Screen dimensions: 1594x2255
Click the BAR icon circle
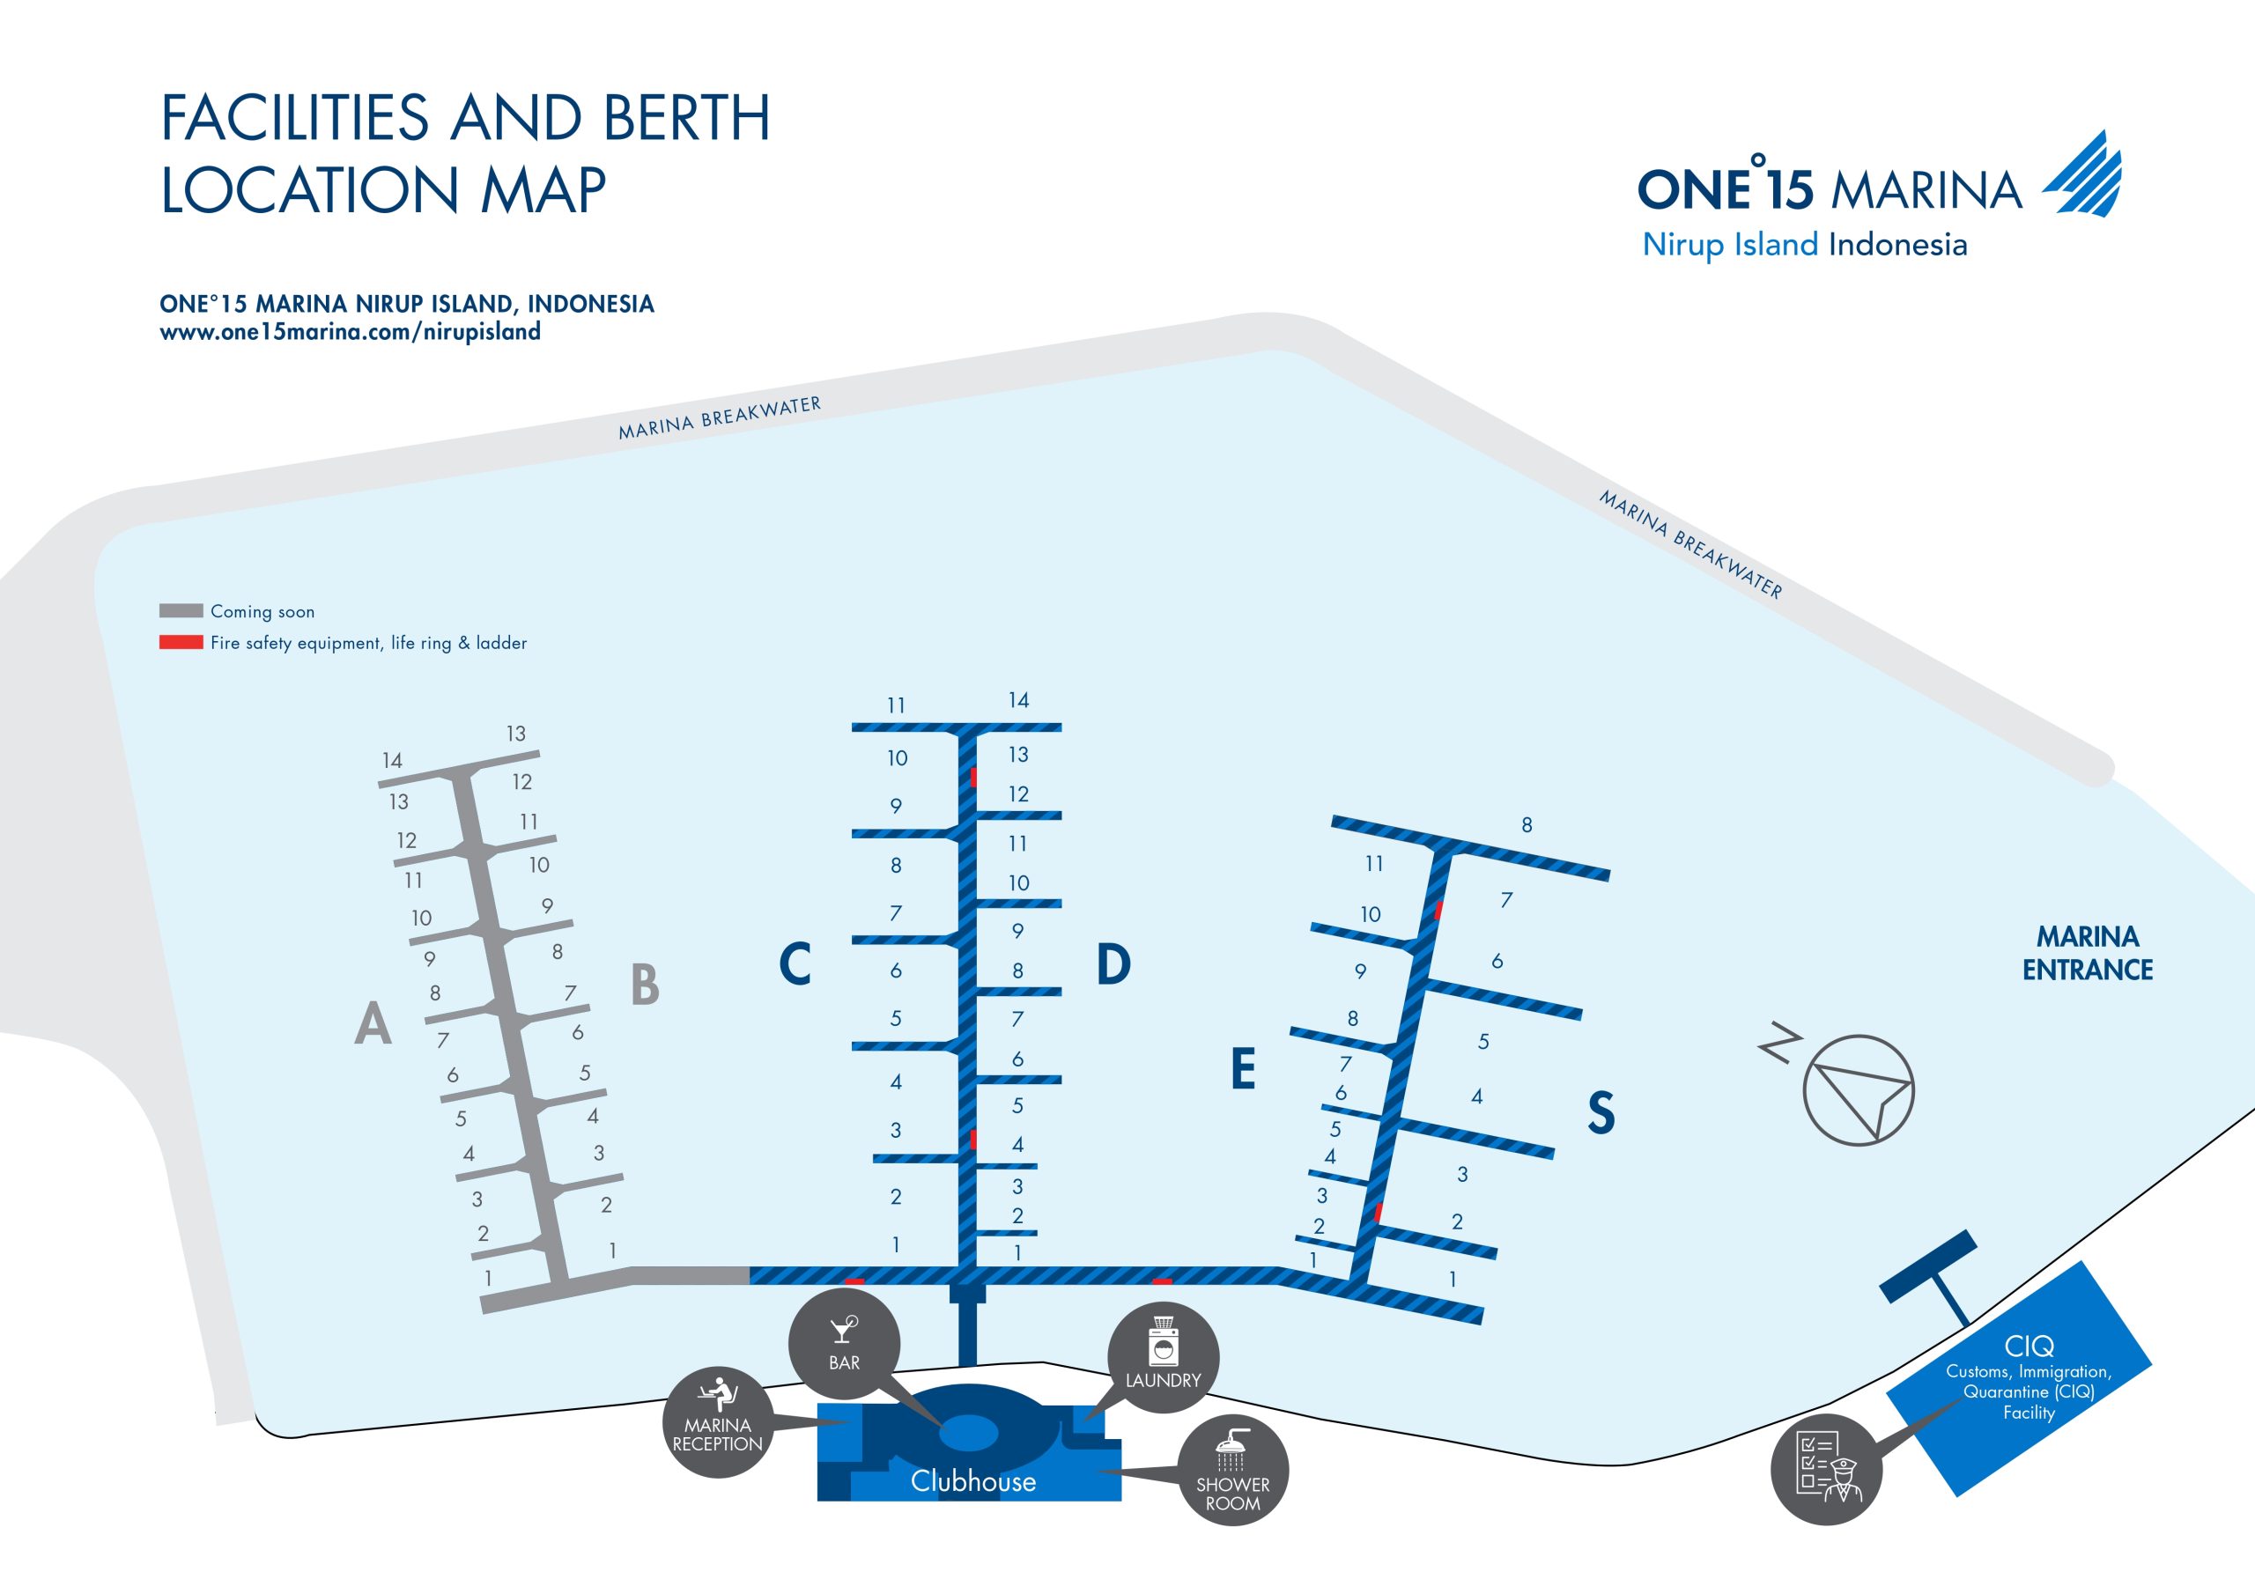(x=844, y=1344)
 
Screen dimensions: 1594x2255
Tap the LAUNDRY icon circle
(x=1163, y=1358)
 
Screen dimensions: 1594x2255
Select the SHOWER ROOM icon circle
(x=1232, y=1470)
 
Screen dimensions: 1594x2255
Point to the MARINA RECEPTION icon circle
(x=718, y=1421)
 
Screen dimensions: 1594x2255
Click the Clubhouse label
(x=972, y=1481)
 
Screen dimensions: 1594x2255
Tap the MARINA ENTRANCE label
(x=2087, y=953)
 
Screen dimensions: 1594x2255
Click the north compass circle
(x=1859, y=1090)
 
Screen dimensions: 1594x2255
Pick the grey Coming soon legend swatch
(x=181, y=611)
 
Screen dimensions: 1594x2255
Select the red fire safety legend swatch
(x=181, y=642)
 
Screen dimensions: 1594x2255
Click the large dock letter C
(x=795, y=963)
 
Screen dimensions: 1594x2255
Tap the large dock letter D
(x=1113, y=963)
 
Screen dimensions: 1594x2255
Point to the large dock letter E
(x=1242, y=1068)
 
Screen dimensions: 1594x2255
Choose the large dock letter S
(x=1601, y=1113)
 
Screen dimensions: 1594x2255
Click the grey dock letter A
(x=373, y=1023)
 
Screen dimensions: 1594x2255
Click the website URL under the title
(x=350, y=332)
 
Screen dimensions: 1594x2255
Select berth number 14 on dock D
(x=1018, y=700)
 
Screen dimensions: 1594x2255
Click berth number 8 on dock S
(x=1527, y=825)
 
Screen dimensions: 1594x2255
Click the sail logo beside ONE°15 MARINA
(x=2084, y=175)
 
